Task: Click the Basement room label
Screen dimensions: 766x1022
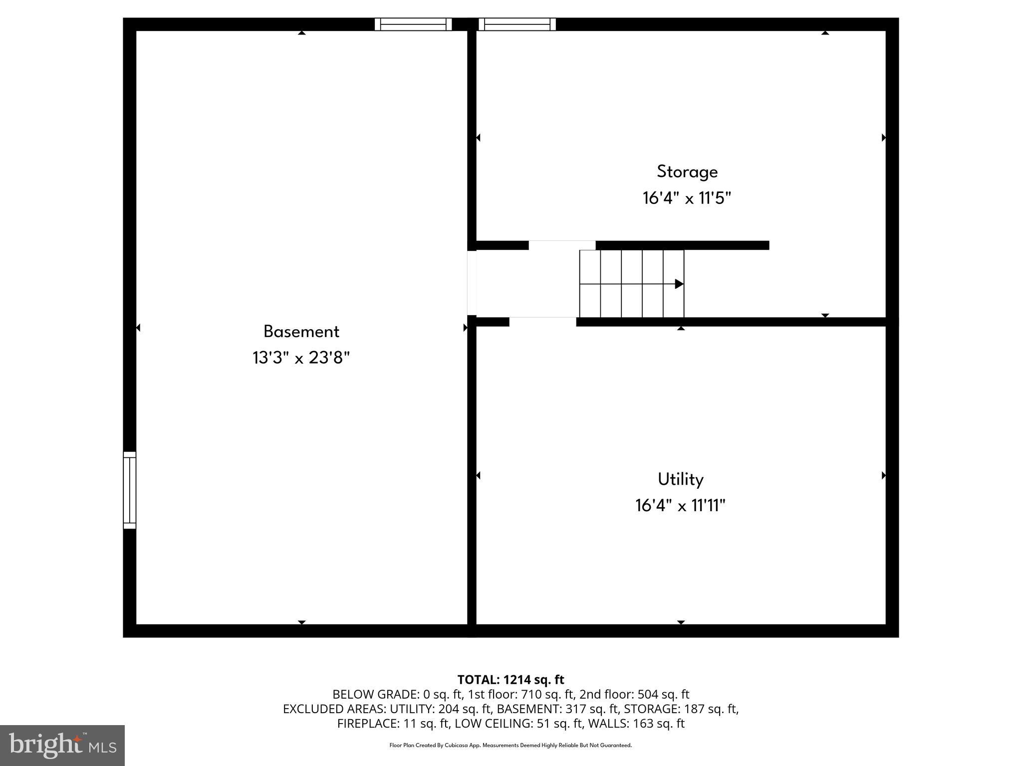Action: pos(301,332)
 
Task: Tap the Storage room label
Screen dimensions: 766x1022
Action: pos(687,172)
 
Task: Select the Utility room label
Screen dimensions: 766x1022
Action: pos(681,479)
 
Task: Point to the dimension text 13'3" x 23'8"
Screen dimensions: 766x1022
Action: pos(301,358)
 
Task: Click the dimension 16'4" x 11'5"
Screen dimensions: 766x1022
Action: pos(687,198)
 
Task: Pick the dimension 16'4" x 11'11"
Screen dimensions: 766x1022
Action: pos(681,506)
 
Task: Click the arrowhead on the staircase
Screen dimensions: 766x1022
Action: pos(679,284)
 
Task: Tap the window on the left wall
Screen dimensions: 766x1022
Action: pos(129,490)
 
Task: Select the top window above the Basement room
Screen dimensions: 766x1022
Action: pos(413,24)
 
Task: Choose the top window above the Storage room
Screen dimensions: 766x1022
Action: pos(517,24)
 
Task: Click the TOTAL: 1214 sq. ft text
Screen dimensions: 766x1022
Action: pos(511,680)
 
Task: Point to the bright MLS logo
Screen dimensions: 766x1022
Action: pos(62,745)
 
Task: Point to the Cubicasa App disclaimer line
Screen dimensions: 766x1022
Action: pos(511,746)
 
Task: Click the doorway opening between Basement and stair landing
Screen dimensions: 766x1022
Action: pos(472,283)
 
